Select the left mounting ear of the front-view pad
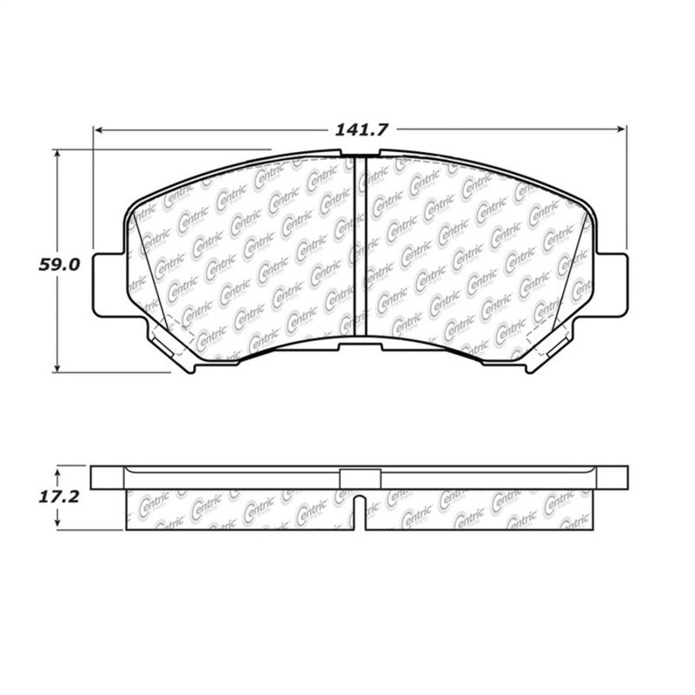(104, 282)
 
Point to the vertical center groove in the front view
(360, 243)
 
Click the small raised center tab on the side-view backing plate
(360, 477)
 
